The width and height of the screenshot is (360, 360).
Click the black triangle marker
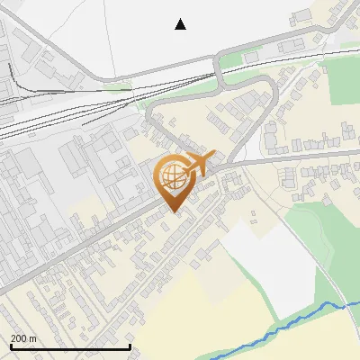(x=181, y=24)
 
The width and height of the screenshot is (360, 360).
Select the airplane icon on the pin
(x=197, y=164)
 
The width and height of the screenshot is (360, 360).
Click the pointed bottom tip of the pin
(x=175, y=212)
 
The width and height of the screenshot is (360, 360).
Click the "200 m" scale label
(x=24, y=337)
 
